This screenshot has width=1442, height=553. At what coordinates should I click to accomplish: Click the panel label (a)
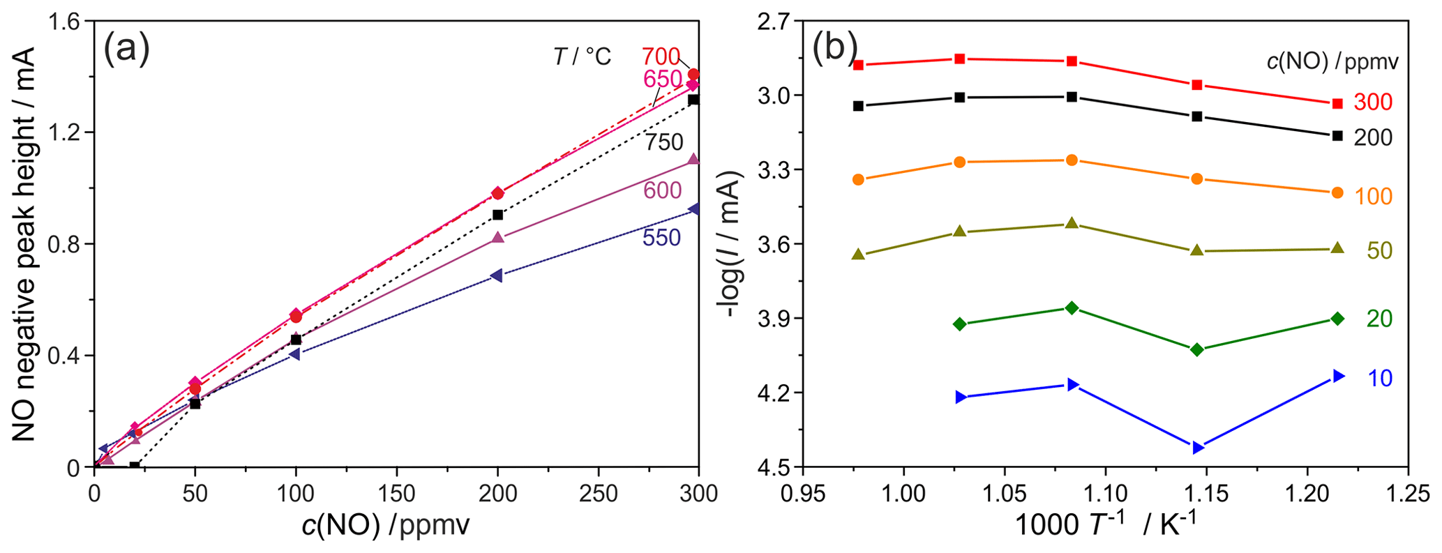126,50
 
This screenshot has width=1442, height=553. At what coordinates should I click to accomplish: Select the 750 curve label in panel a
663,143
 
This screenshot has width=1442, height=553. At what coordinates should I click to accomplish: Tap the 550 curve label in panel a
661,238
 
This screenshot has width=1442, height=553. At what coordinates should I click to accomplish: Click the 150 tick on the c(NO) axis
396,494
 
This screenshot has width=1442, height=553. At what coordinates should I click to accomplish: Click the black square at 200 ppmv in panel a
497,215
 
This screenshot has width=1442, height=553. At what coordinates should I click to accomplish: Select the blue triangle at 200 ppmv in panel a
497,275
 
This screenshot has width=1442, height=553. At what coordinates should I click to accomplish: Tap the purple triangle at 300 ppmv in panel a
693,159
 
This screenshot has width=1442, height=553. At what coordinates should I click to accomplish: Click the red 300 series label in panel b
1372,103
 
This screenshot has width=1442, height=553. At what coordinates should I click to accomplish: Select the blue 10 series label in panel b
1379,379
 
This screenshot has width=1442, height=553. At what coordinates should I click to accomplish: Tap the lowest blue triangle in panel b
1198,448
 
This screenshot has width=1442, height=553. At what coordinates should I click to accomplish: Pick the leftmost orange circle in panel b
858,179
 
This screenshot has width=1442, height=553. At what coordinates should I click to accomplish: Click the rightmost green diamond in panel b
1337,319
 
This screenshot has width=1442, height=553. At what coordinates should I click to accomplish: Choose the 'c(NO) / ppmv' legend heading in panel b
1332,63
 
